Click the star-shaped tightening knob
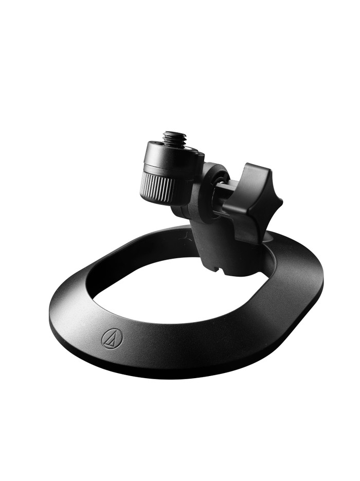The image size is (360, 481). (252, 201)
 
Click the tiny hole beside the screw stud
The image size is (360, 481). (190, 150)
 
